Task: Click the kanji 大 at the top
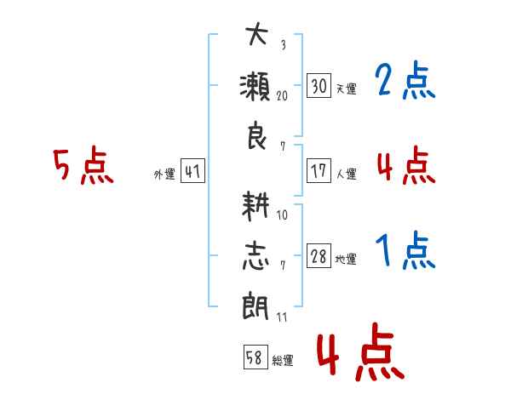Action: tap(256, 37)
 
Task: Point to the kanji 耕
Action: tap(256, 205)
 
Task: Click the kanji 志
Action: tap(256, 255)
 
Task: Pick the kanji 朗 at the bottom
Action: tap(256, 306)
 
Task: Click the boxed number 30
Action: tap(319, 86)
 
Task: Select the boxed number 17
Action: tap(319, 171)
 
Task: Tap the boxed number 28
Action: tap(319, 256)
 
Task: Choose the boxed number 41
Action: tap(192, 172)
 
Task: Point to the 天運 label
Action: tap(345, 89)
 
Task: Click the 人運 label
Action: tap(345, 174)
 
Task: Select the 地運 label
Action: tap(345, 259)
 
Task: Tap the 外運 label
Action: tap(164, 174)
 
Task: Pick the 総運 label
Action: tap(283, 360)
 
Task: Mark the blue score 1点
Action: tap(405, 252)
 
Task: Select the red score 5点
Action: tap(83, 166)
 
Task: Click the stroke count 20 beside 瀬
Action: tap(282, 95)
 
